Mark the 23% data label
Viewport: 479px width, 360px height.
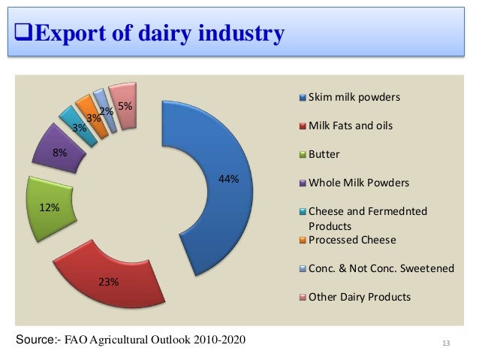108,282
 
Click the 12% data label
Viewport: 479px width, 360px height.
50,208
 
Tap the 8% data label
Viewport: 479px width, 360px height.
59,153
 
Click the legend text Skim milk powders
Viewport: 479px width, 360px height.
354,98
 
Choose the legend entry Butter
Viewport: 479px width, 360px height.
324,154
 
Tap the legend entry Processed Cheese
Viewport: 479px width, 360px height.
352,240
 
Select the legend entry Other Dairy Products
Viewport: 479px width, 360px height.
360,297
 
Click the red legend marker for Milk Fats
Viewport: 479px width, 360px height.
303,126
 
